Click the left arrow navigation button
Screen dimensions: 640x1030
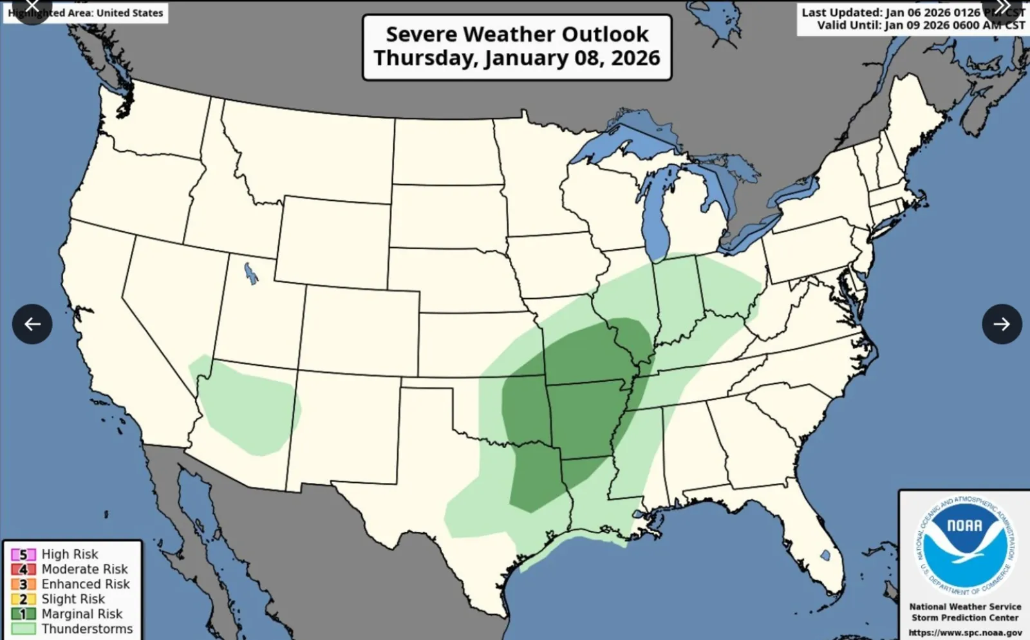coord(32,324)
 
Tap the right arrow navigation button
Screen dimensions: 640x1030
coord(1002,324)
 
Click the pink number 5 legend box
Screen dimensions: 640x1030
coord(23,554)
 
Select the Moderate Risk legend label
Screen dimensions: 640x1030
coord(84,569)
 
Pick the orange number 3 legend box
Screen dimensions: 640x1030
coord(23,584)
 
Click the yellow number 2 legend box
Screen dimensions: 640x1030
coord(23,599)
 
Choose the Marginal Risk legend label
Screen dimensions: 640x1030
coord(82,614)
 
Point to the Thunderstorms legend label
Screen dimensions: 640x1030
coord(87,628)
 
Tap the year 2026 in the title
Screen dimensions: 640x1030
coord(635,58)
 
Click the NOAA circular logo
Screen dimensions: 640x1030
coord(965,545)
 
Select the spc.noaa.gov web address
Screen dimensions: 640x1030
coord(965,632)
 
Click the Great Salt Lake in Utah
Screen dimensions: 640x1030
coord(251,274)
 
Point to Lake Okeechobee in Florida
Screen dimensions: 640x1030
coord(825,555)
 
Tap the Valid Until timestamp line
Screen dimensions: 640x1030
coord(921,25)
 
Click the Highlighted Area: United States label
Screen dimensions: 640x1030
coord(86,13)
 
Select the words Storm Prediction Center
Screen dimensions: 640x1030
coord(965,617)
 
